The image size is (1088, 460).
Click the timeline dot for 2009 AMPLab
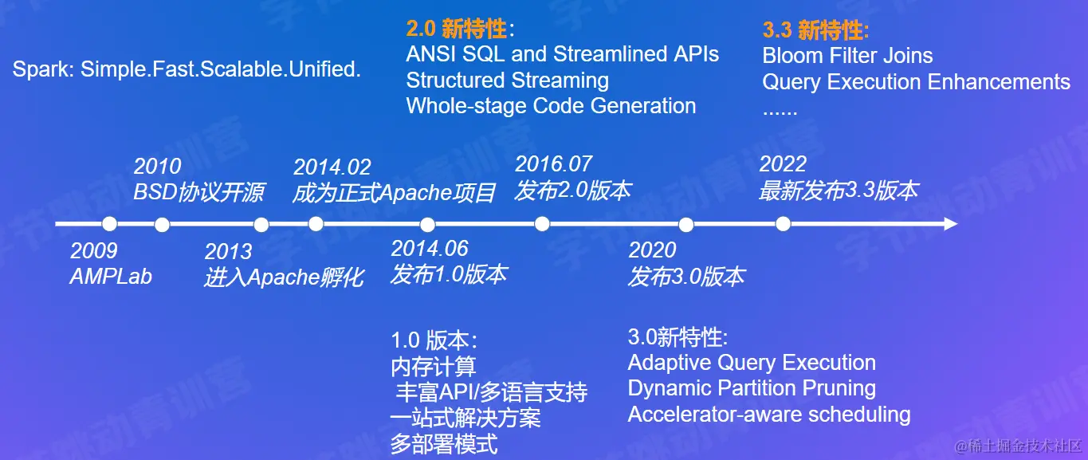110,224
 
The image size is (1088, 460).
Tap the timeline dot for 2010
162,224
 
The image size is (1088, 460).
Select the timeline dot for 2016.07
542,224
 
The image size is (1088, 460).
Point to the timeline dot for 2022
783,224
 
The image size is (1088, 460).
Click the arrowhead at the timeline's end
951,224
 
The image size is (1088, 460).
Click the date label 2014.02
332,167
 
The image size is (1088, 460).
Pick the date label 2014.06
430,249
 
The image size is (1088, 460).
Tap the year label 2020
652,250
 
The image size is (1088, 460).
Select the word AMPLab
112,277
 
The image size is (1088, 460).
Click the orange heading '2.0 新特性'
460,29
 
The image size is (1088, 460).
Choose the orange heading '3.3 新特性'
815,30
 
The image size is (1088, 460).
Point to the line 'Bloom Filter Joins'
847,55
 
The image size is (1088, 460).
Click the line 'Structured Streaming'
508,81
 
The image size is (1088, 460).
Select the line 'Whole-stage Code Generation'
552,106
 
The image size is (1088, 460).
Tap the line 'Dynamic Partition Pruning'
752,388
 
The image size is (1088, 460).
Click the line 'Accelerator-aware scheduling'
769,415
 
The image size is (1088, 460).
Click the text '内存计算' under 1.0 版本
434,366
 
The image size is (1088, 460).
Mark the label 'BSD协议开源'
199,192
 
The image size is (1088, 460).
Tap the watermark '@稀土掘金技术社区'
1018,446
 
